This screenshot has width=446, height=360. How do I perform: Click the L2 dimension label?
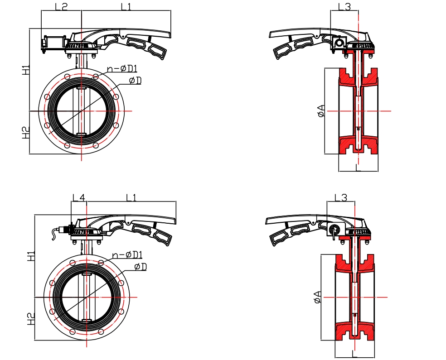click(61, 6)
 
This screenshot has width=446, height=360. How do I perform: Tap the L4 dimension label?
click(79, 197)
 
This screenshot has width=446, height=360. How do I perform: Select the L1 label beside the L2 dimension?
click(126, 6)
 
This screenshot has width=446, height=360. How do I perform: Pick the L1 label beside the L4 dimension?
click(131, 197)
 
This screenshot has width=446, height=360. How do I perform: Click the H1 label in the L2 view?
click(26, 70)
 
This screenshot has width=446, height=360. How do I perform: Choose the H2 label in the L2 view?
click(26, 133)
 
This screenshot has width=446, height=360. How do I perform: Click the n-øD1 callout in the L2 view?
click(122, 68)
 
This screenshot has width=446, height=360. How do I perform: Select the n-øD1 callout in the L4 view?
click(127, 255)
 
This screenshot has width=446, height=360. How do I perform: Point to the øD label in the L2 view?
click(135, 81)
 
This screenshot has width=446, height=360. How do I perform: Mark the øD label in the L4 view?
click(140, 267)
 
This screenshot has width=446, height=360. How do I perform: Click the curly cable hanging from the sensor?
click(54, 234)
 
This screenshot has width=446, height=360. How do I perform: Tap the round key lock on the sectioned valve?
click(334, 228)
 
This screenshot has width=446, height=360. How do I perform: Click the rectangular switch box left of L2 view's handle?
click(53, 43)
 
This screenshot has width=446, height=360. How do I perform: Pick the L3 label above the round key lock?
click(341, 197)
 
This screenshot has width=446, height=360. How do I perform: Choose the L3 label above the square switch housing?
click(344, 6)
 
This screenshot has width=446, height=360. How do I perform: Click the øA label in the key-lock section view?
click(318, 297)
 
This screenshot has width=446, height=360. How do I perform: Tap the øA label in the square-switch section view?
click(321, 111)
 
